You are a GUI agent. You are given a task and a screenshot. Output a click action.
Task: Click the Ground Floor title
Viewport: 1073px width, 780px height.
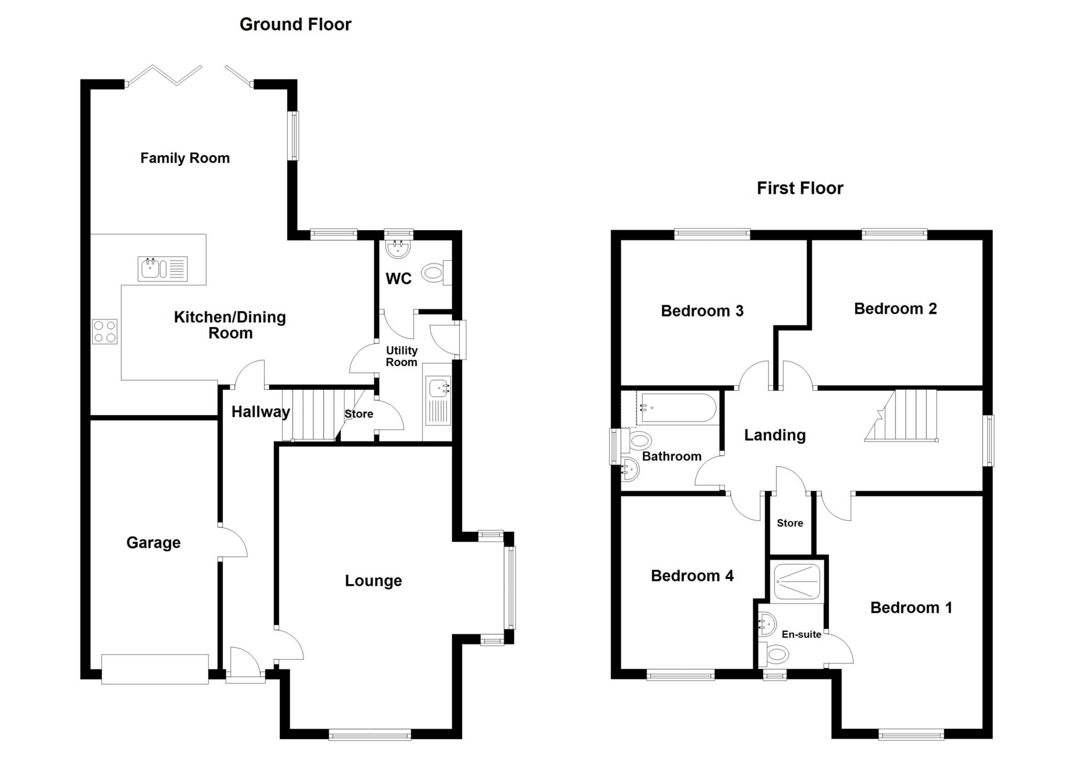pyautogui.click(x=295, y=24)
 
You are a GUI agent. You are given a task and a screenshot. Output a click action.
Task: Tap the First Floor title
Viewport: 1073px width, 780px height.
pyautogui.click(x=800, y=188)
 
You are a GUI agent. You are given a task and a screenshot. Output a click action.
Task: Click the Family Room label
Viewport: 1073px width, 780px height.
pyautogui.click(x=185, y=158)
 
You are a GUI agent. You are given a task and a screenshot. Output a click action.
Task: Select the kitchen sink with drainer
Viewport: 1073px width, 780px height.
pyautogui.click(x=163, y=269)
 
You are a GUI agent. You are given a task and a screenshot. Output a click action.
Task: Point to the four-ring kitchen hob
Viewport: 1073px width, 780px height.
pyautogui.click(x=105, y=332)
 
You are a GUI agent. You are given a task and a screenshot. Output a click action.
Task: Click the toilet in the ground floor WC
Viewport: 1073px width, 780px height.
pyautogui.click(x=436, y=272)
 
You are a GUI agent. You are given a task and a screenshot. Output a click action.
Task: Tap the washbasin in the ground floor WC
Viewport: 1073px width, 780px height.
pyautogui.click(x=399, y=249)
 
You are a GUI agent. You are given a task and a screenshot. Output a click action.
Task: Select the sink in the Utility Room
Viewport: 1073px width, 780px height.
pyautogui.click(x=437, y=401)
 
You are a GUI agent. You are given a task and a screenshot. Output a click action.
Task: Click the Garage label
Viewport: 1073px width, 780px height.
pyautogui.click(x=154, y=542)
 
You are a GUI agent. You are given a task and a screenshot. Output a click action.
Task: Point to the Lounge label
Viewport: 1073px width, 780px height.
pyautogui.click(x=374, y=580)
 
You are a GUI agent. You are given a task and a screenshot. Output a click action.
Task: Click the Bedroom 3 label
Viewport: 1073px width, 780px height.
pyautogui.click(x=702, y=311)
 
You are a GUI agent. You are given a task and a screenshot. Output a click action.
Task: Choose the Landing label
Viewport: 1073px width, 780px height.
pyautogui.click(x=775, y=435)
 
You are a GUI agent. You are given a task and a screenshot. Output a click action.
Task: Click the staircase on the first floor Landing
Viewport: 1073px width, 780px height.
pyautogui.click(x=901, y=415)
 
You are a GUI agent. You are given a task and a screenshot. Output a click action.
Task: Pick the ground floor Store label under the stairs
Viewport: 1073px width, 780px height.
pyautogui.click(x=359, y=414)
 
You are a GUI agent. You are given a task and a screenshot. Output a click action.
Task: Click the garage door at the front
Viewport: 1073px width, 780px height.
pyautogui.click(x=155, y=669)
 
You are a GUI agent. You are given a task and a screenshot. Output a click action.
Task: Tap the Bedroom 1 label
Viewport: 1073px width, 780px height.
pyautogui.click(x=911, y=608)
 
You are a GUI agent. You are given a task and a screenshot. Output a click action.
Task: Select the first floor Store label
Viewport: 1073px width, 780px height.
pyautogui.click(x=790, y=523)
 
